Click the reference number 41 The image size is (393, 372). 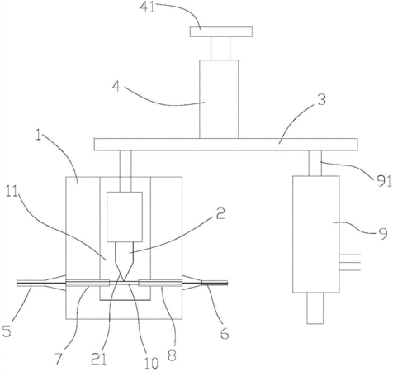[x=147, y=7]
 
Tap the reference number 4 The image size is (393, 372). [x=116, y=87]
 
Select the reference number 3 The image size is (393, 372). [x=321, y=100]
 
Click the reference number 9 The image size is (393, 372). [x=382, y=234]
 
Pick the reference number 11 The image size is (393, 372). [x=12, y=191]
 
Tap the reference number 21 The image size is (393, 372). [x=99, y=360]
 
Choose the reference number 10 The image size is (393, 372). [x=151, y=363]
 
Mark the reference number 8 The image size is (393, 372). [x=172, y=355]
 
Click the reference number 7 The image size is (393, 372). [x=59, y=359]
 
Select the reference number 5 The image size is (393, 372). [x=7, y=331]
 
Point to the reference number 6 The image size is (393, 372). [x=225, y=334]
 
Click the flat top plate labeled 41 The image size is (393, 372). [x=221, y=31]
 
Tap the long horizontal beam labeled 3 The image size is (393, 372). [x=226, y=145]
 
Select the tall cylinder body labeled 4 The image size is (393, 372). [x=219, y=99]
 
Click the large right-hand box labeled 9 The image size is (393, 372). [x=316, y=234]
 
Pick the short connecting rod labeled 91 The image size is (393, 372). [x=315, y=163]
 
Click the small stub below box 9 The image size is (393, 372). [x=315, y=308]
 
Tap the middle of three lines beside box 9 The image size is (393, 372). [x=350, y=262]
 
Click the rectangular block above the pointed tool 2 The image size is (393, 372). [x=125, y=217]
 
